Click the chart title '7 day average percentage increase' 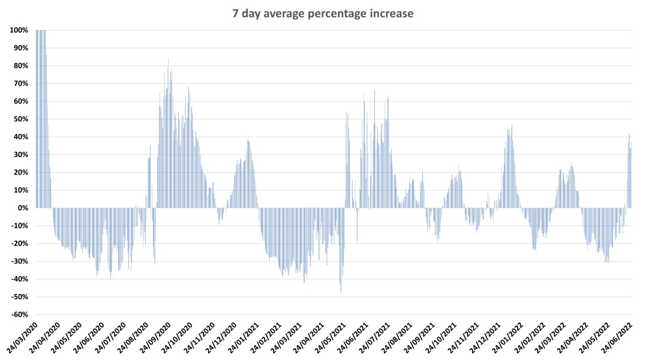coord(323,14)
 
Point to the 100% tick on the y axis coord(19,30)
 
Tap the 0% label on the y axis coord(22,208)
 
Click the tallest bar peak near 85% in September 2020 coord(168,59)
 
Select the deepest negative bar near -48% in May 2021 coord(341,292)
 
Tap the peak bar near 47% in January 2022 coord(512,126)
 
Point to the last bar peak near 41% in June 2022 coord(629,135)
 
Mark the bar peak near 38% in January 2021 coord(248,141)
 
